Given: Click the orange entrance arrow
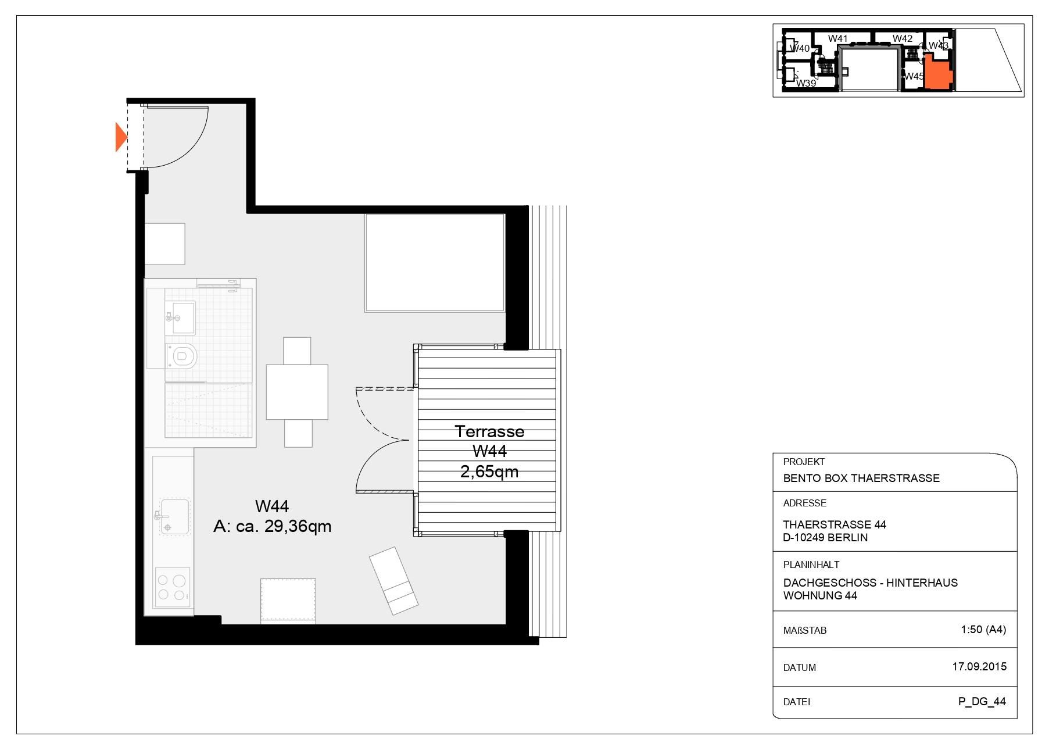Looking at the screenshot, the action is (x=120, y=137).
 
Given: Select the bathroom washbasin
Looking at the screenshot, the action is (x=180, y=318).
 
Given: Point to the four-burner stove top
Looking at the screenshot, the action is (x=173, y=587).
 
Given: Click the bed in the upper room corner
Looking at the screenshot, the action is (x=435, y=262).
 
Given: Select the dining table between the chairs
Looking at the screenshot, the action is (x=297, y=392).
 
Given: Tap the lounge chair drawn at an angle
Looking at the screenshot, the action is (x=394, y=580).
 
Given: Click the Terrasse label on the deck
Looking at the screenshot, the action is (x=489, y=431).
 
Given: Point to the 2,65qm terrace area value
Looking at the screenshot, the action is (x=489, y=472).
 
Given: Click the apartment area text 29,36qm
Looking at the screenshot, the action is (x=298, y=526).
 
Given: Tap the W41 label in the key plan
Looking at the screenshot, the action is (x=837, y=38).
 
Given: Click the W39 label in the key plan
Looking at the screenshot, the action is (x=806, y=83).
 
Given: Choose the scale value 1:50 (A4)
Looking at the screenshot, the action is (x=983, y=629).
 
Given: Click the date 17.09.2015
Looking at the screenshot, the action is (x=979, y=667).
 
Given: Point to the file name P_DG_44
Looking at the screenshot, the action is (x=982, y=701).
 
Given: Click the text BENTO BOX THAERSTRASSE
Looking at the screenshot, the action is (x=861, y=478).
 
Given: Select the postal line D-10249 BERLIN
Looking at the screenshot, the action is (x=825, y=538).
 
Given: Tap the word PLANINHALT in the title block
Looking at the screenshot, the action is (x=811, y=565).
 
